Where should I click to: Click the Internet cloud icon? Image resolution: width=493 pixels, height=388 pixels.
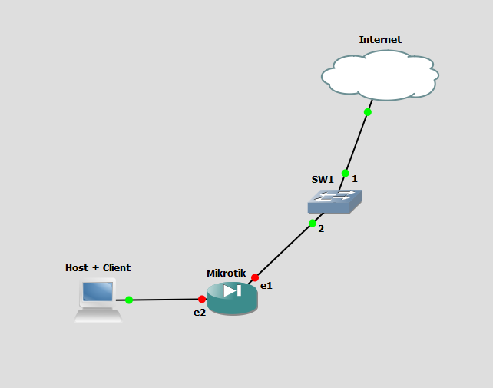pyautogui.click(x=380, y=75)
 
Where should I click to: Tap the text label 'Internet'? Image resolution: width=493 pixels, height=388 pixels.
pyautogui.click(x=380, y=40)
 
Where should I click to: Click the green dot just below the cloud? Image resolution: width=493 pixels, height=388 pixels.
pyautogui.click(x=368, y=112)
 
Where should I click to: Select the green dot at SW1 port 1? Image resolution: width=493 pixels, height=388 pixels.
pyautogui.click(x=346, y=174)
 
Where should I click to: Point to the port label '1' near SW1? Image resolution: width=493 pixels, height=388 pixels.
pyautogui.click(x=355, y=179)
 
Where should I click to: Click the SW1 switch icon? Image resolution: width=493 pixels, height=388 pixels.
pyautogui.click(x=335, y=201)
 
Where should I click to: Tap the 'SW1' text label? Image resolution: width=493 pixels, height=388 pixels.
pyautogui.click(x=323, y=180)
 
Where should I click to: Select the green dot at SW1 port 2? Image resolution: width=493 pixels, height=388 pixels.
pyautogui.click(x=313, y=224)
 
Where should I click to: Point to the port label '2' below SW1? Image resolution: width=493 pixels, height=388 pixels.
pyautogui.click(x=321, y=229)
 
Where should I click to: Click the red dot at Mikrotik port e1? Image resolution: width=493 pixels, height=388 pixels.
pyautogui.click(x=255, y=277)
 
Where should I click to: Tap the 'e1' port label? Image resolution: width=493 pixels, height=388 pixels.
pyautogui.click(x=266, y=286)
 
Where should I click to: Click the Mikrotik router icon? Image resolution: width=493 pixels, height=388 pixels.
pyautogui.click(x=233, y=298)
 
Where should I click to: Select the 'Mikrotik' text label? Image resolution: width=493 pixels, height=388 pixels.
pyautogui.click(x=227, y=274)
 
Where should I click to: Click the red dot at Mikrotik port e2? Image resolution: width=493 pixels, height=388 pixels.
pyautogui.click(x=202, y=299)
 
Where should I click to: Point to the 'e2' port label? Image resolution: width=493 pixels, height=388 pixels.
pyautogui.click(x=200, y=313)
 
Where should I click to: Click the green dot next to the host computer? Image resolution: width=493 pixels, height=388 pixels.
pyautogui.click(x=129, y=300)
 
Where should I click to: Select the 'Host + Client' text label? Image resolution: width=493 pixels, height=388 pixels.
pyautogui.click(x=98, y=268)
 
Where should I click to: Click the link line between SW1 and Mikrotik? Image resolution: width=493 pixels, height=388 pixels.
pyautogui.click(x=284, y=250)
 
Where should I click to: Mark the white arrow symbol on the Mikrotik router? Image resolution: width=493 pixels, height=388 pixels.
pyautogui.click(x=233, y=290)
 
